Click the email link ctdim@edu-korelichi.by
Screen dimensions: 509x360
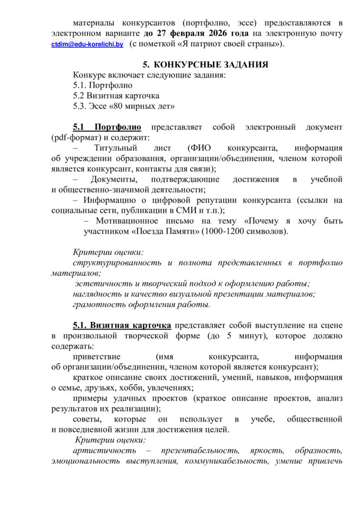pyautogui.click(x=87, y=45)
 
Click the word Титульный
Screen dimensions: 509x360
pyautogui.click(x=113, y=148)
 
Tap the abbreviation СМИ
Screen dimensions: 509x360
pyautogui.click(x=185, y=210)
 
